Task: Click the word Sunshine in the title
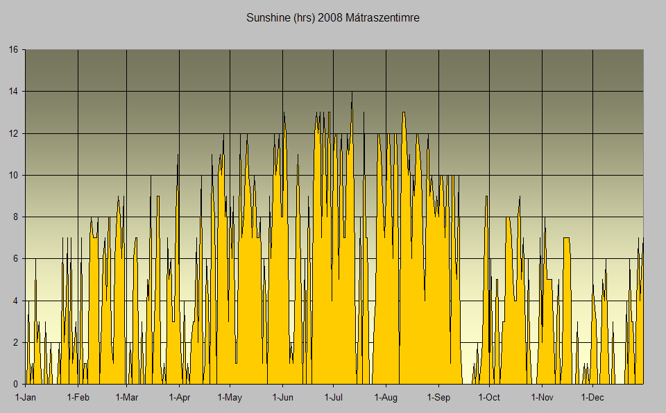(x=268, y=17)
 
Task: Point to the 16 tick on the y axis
(x=13, y=50)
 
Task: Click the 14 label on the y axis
(x=13, y=92)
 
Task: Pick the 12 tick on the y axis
(x=13, y=133)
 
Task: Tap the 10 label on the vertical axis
(x=13, y=175)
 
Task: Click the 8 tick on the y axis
(x=16, y=217)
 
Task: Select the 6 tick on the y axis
(x=16, y=259)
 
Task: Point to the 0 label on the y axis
(x=16, y=384)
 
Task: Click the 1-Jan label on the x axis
(x=26, y=398)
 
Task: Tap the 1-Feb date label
(x=78, y=398)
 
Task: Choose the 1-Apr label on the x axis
(x=179, y=398)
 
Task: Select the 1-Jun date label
(x=282, y=398)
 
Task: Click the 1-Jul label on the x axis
(x=334, y=398)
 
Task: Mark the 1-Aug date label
(x=386, y=398)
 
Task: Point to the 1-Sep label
(x=438, y=398)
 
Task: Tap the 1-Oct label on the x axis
(x=489, y=398)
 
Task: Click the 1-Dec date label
(x=592, y=398)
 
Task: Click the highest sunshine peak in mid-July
(x=352, y=93)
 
